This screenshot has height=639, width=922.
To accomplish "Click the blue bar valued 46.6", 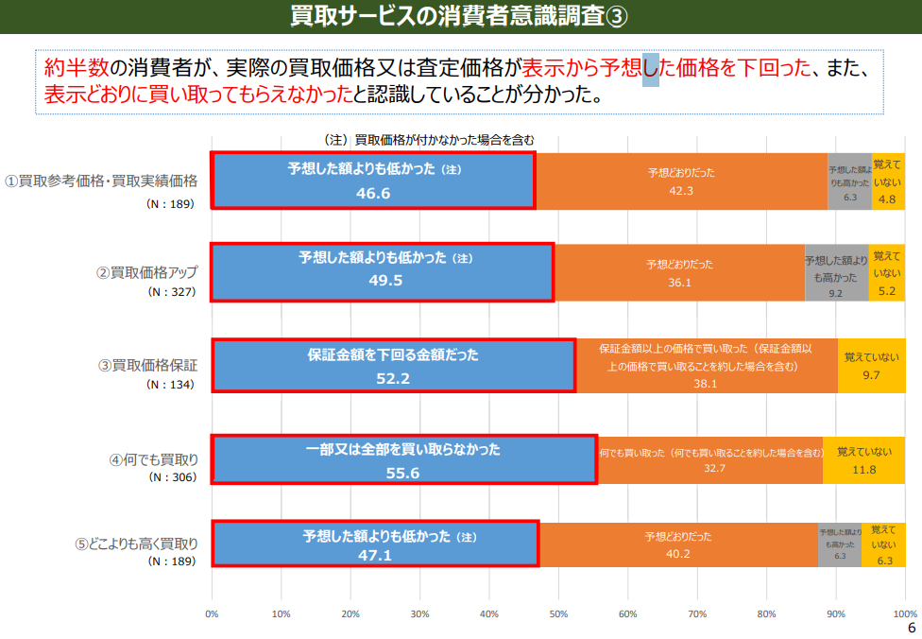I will coord(373,180).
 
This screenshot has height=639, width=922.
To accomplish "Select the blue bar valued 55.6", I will coord(403,459).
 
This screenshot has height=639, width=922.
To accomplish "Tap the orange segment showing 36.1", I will coord(679,272).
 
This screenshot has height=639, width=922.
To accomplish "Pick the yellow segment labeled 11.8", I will coord(863,459).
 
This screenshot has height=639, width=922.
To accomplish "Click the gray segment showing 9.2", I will coord(836,272).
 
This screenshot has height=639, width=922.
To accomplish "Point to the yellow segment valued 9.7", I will coord(871,366).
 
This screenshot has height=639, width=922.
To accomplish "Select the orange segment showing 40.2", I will coord(677,544).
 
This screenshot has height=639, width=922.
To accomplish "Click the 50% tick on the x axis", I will coord(558,613).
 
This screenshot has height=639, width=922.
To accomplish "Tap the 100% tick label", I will coord(904,613).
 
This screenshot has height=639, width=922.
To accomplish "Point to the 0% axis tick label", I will coord(212,613).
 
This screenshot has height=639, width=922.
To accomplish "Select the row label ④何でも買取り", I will coord(153,460).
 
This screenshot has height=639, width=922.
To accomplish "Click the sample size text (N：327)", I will coord(171,292).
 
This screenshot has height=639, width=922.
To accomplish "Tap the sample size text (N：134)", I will coord(171,385).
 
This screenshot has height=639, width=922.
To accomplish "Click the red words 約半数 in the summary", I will coord(77,69).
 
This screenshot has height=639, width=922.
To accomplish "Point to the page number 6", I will coord(911,628).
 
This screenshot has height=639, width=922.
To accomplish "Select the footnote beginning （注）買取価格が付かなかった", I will coord(429,139).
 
